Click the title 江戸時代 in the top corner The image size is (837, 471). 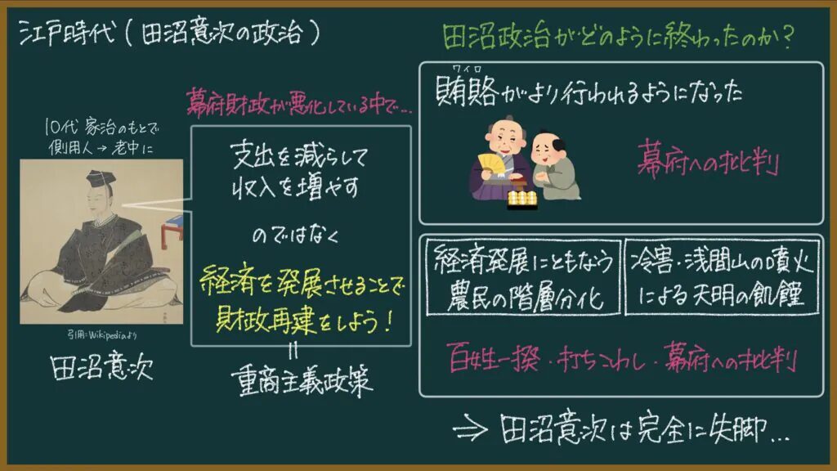(67, 33)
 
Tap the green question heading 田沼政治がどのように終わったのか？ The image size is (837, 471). (618, 38)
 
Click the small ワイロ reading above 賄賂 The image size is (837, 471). (467, 69)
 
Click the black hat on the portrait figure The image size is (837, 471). (101, 178)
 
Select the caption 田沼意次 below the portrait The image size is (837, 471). (101, 366)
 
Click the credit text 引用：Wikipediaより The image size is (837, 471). (101, 334)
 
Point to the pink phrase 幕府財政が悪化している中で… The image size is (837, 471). (299, 101)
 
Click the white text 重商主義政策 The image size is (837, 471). (302, 381)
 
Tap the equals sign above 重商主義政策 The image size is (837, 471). (293, 351)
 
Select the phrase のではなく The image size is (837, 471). (295, 235)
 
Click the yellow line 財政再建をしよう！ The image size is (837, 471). (304, 321)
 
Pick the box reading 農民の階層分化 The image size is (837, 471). (523, 277)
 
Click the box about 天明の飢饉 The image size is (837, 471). (723, 277)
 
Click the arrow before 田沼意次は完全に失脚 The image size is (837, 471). (470, 428)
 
